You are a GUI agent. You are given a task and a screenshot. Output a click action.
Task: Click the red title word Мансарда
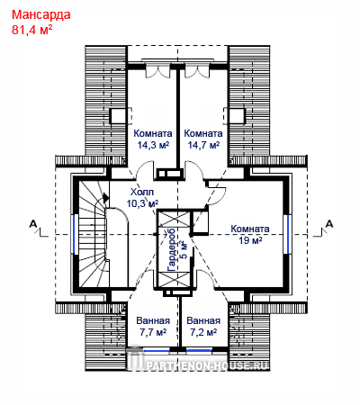point(41,14)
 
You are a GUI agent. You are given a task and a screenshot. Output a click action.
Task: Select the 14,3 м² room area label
point(153,145)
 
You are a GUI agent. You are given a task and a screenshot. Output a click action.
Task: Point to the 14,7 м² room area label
point(203,145)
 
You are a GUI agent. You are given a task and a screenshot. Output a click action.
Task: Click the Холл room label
point(142,192)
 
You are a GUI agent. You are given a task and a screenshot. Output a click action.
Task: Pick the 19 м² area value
point(250,240)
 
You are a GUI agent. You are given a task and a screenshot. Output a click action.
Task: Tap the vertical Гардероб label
point(172,249)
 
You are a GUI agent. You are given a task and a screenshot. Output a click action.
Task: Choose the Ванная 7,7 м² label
point(153,327)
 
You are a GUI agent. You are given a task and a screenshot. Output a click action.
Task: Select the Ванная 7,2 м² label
point(203,327)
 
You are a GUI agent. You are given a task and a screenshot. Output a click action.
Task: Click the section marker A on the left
point(33,223)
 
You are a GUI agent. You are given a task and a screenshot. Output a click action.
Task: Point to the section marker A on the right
point(329,223)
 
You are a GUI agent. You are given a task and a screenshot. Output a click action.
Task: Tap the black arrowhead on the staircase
point(105,197)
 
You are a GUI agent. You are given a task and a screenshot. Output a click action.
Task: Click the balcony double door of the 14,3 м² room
point(156,70)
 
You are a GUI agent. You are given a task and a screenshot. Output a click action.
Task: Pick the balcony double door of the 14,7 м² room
point(196,70)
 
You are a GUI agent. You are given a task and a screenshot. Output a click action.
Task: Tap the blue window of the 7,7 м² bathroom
point(157,350)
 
